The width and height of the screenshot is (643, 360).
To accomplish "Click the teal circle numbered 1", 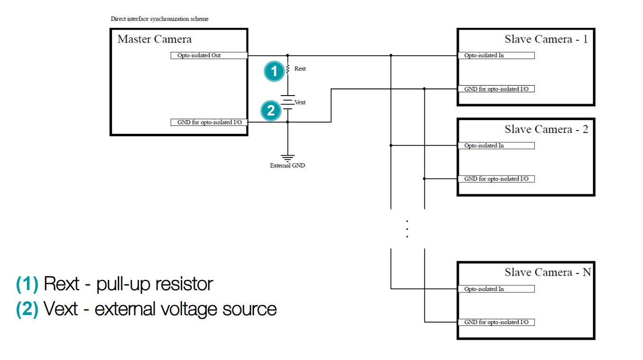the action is click(x=274, y=71).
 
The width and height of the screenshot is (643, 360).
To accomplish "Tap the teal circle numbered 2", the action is click(x=271, y=111).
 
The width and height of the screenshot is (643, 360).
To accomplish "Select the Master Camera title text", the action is click(x=154, y=39).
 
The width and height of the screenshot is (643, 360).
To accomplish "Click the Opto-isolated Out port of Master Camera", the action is click(x=209, y=55).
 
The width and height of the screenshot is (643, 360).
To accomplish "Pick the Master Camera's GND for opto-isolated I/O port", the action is click(x=209, y=123).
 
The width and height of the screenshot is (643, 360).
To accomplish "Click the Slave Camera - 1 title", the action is click(x=546, y=39).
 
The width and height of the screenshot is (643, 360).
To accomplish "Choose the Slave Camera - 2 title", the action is click(x=546, y=129).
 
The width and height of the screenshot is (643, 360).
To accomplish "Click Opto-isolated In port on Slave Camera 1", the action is click(x=496, y=55).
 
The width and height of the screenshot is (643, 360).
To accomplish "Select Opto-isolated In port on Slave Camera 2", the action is click(x=496, y=146).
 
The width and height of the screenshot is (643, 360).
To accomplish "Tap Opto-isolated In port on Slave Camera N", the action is click(x=496, y=289).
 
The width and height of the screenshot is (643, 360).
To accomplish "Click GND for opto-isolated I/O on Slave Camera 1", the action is click(x=496, y=89).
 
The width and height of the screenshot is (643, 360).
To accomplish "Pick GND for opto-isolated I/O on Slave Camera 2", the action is click(x=496, y=179).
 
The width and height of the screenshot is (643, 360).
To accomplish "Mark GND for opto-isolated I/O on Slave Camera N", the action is click(x=496, y=322).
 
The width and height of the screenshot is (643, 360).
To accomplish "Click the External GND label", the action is click(x=287, y=166).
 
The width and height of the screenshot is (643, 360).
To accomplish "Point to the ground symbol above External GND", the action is click(x=288, y=158).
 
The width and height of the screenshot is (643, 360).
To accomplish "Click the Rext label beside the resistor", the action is click(x=300, y=69).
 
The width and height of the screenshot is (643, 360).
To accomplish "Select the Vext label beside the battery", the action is click(x=300, y=102).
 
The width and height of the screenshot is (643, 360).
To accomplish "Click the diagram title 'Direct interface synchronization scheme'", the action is click(x=159, y=19).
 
